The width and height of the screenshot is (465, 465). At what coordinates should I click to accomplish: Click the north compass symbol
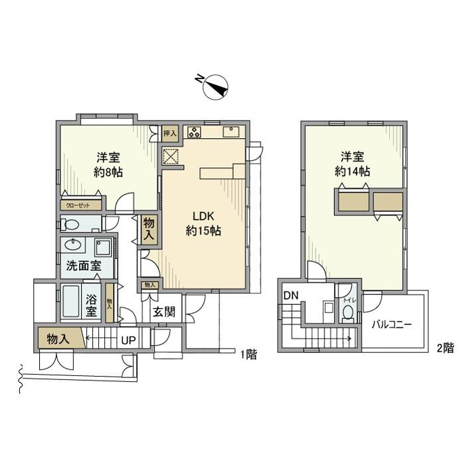click(215, 86)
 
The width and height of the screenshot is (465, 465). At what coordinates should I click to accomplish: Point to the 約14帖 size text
click(352, 171)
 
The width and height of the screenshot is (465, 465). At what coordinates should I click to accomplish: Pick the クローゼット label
click(78, 205)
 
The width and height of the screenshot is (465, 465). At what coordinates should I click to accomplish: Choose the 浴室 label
click(92, 303)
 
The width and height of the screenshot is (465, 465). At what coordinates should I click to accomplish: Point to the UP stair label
click(129, 340)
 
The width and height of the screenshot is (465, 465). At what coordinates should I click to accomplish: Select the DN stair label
click(290, 296)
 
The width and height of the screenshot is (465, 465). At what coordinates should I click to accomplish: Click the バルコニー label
click(392, 325)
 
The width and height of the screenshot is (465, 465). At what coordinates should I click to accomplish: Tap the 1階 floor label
click(248, 354)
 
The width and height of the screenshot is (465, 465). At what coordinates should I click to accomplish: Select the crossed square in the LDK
click(171, 156)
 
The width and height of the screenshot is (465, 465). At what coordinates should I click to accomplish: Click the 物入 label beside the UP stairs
click(58, 339)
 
